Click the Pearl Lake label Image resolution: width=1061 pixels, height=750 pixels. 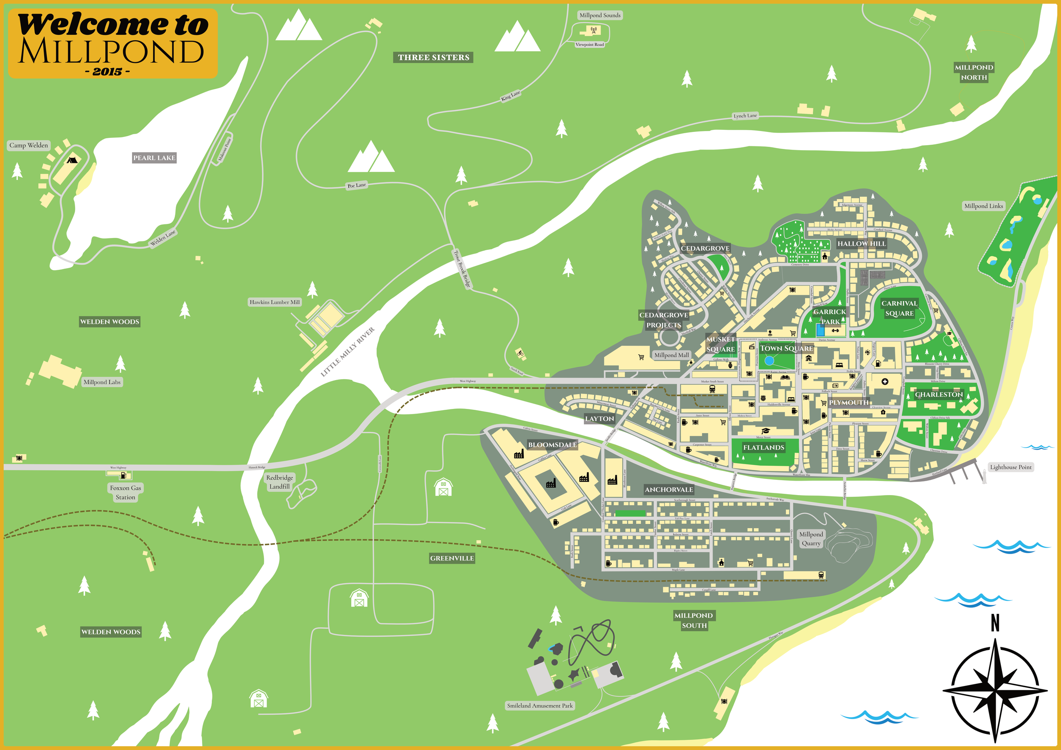click(154, 158)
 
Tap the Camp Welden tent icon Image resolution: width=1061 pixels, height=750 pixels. click(71, 160)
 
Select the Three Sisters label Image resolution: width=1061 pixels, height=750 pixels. click(433, 57)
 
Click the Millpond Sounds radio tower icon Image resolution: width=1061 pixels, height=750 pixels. click(594, 31)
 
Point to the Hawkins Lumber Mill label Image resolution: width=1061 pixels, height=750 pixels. click(275, 302)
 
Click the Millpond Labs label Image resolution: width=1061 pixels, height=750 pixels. click(102, 382)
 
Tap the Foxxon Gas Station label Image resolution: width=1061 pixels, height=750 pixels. click(125, 493)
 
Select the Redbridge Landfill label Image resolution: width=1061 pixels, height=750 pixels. click(280, 481)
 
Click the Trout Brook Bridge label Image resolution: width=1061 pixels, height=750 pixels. click(462, 269)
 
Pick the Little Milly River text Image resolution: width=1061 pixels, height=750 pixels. click(348, 353)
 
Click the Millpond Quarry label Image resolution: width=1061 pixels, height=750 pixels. click(811, 538)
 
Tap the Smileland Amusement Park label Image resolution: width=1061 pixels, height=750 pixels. click(540, 705)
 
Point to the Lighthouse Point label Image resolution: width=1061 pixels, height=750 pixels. click(1010, 467)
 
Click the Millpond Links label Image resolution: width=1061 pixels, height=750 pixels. click(983, 206)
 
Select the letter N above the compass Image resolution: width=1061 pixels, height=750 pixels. click(995, 623)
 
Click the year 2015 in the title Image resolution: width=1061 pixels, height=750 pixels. click(107, 72)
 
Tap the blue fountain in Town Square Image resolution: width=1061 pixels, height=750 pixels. click(769, 360)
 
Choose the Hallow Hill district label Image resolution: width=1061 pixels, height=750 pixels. click(862, 243)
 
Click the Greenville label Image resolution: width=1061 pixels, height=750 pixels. click(452, 558)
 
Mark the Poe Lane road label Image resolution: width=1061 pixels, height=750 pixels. click(356, 185)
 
